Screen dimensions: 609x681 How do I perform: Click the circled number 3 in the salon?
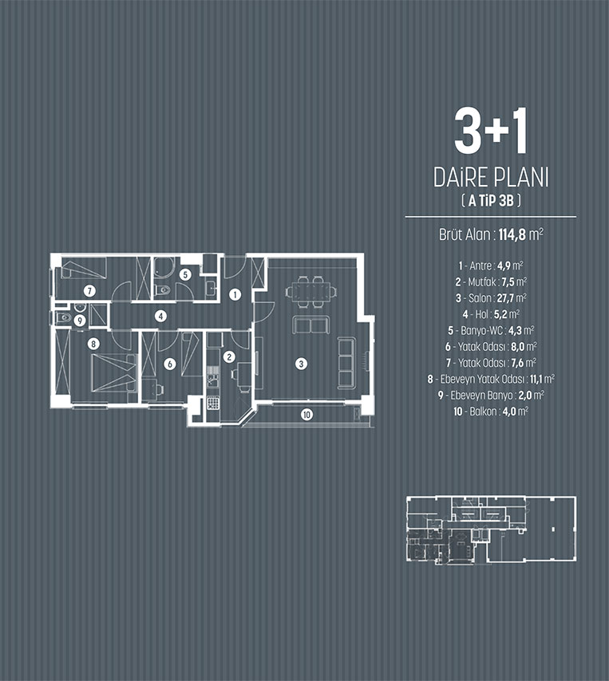click(301, 364)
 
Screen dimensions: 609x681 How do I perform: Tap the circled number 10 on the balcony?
click(306, 415)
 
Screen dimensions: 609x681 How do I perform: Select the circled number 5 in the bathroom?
click(185, 274)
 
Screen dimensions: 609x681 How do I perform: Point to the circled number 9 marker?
click(80, 321)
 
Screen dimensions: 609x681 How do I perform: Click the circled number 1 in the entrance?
click(235, 295)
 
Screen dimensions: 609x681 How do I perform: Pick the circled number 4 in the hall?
click(161, 316)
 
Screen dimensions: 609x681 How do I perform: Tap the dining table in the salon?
click(310, 291)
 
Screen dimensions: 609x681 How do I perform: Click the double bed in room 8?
click(114, 373)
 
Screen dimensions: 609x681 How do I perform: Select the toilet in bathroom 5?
click(163, 290)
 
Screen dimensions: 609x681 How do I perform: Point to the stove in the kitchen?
click(212, 403)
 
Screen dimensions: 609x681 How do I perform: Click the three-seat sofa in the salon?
click(346, 364)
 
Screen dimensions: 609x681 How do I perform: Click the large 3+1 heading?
click(491, 131)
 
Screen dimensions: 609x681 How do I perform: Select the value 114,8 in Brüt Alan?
click(512, 235)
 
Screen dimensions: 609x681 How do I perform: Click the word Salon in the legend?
click(480, 298)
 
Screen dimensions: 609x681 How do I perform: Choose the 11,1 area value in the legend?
click(536, 379)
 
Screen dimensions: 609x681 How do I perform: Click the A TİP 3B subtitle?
click(491, 200)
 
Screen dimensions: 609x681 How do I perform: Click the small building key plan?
click(491, 529)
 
